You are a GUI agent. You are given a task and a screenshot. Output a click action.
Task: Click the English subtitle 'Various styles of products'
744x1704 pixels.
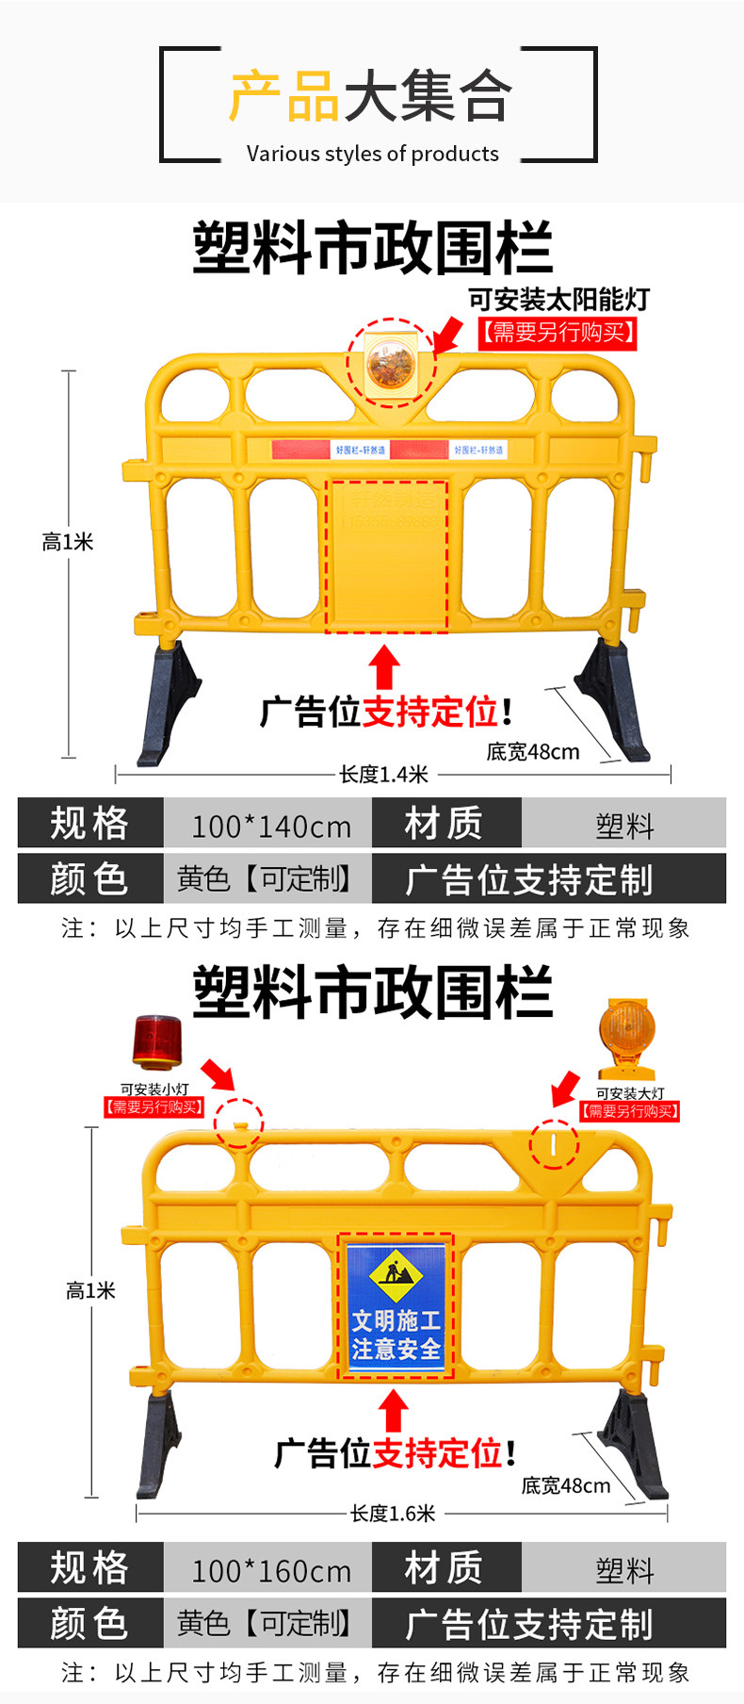(372, 154)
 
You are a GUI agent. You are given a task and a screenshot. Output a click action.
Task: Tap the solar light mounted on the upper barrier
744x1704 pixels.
(390, 364)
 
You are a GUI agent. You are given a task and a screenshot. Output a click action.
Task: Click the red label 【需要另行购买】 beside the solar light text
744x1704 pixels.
(558, 333)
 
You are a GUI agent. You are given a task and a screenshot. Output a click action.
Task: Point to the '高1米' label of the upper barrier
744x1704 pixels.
(68, 542)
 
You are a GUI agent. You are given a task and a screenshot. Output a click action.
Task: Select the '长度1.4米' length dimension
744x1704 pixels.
(383, 775)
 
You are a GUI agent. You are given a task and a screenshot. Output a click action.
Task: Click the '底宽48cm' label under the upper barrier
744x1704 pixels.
(533, 752)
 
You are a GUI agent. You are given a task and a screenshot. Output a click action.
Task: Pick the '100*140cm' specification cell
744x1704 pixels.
(270, 827)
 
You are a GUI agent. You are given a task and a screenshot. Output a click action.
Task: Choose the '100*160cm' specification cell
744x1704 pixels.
(270, 1570)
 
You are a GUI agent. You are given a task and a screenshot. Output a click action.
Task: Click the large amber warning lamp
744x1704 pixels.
(626, 1037)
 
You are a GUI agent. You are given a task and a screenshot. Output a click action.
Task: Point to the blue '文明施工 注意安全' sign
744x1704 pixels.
(396, 1305)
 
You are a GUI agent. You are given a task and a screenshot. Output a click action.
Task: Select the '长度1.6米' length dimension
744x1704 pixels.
(393, 1514)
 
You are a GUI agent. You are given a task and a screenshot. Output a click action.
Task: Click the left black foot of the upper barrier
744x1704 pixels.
(169, 702)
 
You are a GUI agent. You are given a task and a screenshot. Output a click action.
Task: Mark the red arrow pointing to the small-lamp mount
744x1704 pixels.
(218, 1073)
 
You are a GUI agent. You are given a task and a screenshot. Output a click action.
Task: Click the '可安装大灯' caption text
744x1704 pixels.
(630, 1093)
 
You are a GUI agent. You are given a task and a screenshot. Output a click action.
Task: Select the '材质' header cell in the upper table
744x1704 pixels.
(444, 823)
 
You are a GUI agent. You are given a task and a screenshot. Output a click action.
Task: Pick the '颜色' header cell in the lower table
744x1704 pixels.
(89, 1623)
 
